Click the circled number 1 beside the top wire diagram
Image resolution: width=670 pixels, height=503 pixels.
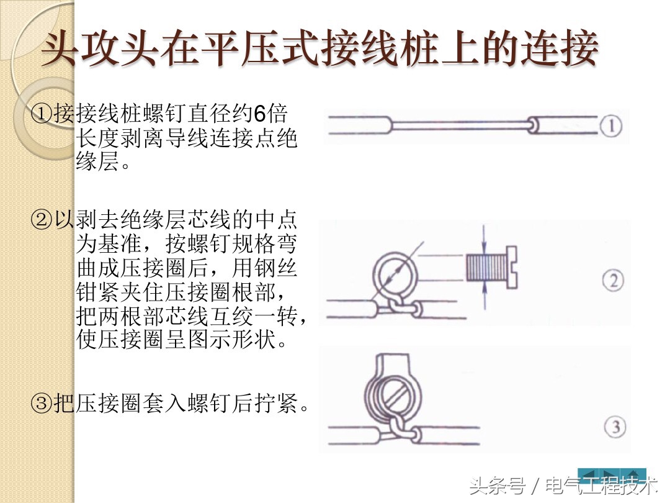[612, 127]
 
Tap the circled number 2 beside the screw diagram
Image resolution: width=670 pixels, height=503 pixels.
[613, 281]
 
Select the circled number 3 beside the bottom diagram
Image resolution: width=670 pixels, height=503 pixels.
[614, 427]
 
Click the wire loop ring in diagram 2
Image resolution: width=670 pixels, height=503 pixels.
[396, 271]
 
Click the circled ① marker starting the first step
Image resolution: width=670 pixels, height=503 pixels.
[42, 114]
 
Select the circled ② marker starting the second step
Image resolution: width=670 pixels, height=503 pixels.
[42, 220]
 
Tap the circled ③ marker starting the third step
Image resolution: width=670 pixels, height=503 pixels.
[42, 404]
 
